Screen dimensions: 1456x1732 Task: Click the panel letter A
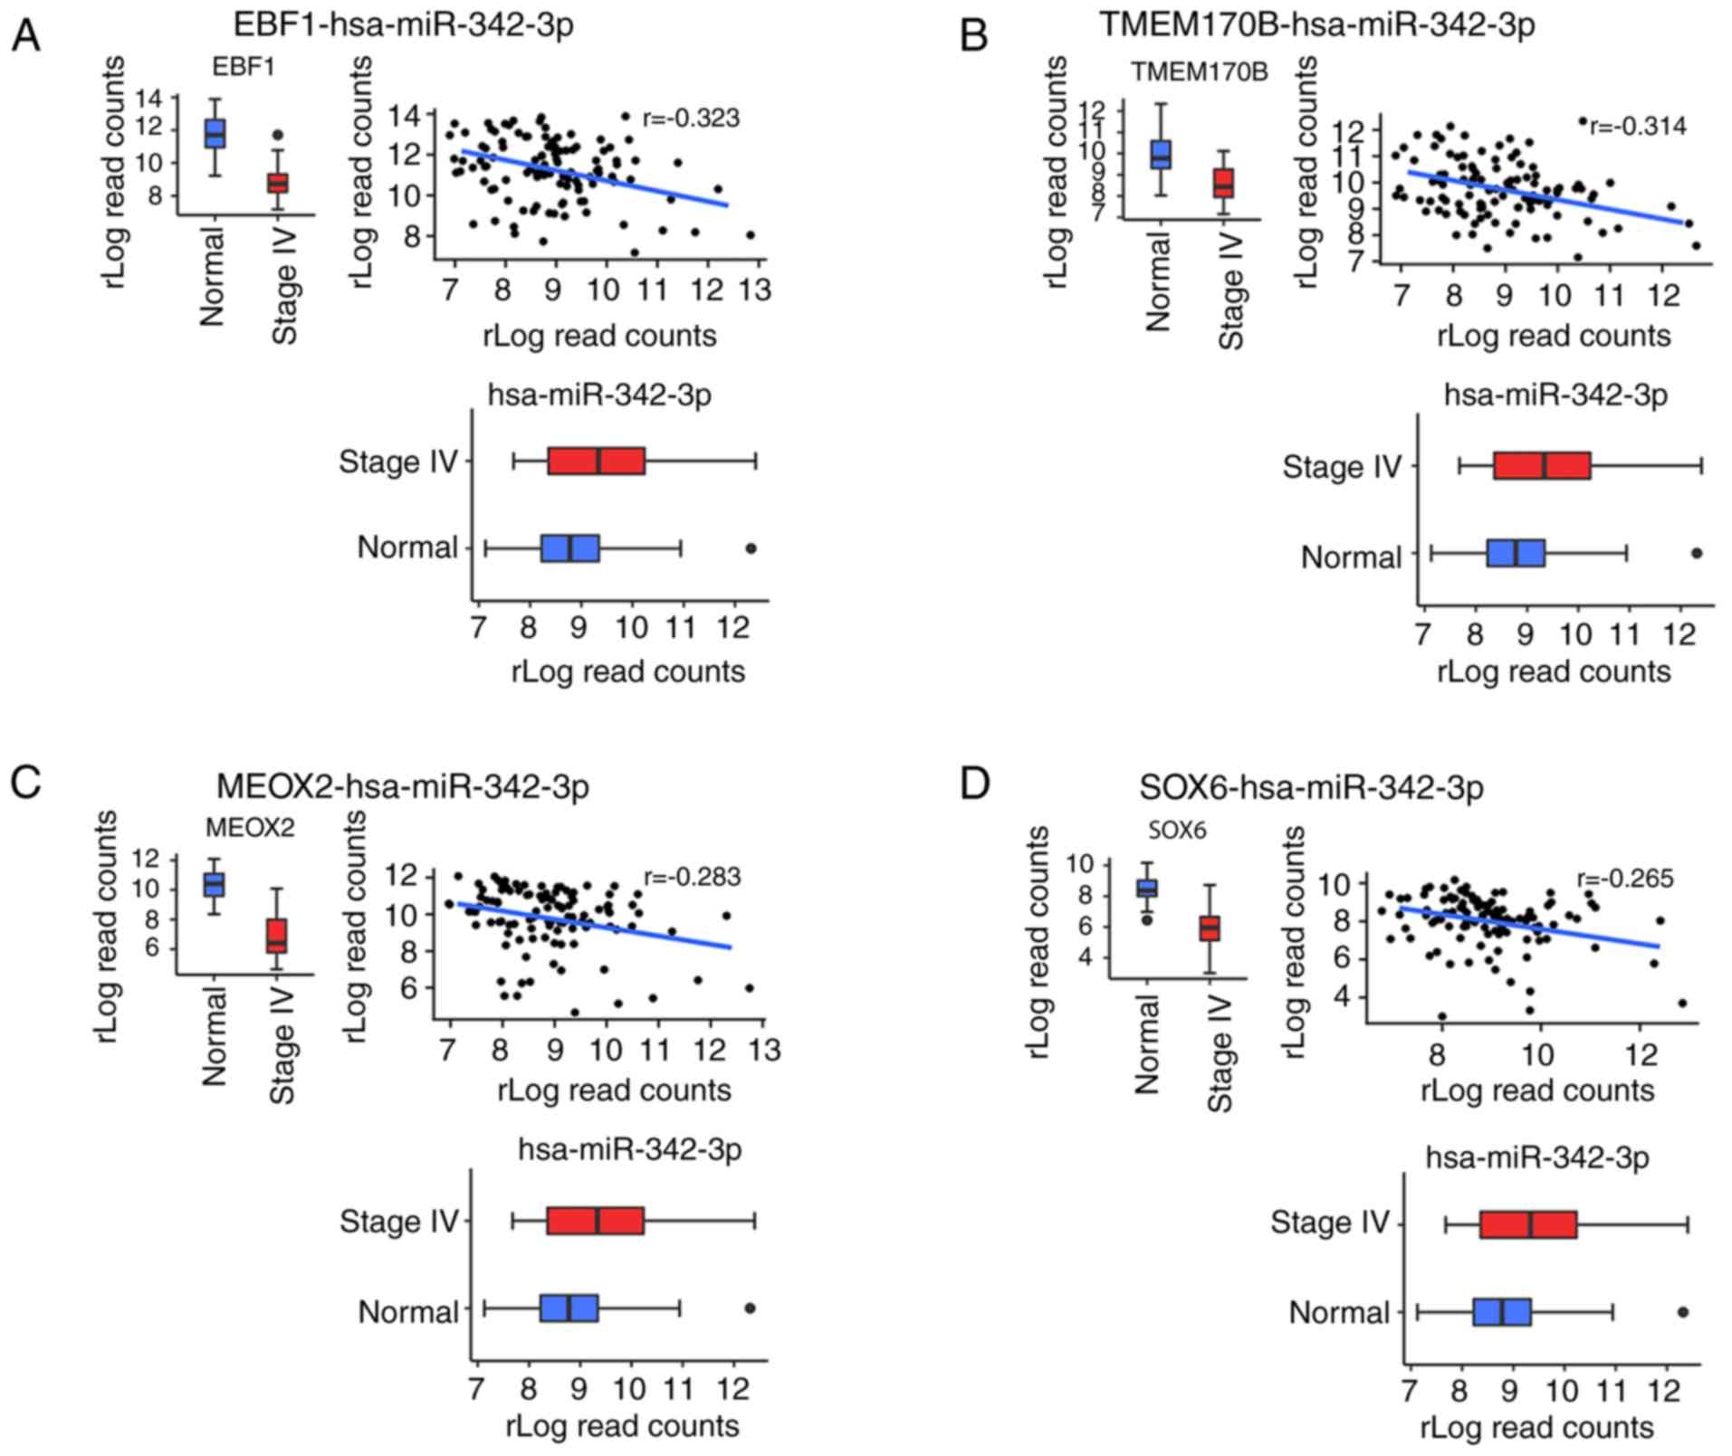pos(25,37)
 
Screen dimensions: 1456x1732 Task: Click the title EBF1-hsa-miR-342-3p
pos(403,24)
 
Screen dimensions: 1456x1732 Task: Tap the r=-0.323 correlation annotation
pos(691,119)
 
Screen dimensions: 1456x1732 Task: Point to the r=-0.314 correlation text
pos(1638,126)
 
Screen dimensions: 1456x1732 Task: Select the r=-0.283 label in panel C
pos(692,877)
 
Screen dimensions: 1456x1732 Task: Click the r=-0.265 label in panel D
pos(1625,878)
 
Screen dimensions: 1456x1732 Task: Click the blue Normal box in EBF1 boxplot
pos(215,133)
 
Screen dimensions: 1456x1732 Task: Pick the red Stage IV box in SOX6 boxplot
pos(1210,928)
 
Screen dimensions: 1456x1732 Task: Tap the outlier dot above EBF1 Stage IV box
pos(278,135)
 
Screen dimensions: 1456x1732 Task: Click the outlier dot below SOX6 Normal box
pos(1146,919)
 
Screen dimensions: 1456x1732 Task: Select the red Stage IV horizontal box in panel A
pos(596,461)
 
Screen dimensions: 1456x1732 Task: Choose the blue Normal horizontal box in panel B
pos(1516,553)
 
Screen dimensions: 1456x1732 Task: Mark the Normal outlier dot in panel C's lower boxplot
pos(750,1308)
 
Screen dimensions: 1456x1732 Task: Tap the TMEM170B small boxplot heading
pos(1199,72)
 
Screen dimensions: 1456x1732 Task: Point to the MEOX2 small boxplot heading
pos(250,827)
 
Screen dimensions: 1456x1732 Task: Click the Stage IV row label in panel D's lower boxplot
pos(1329,1223)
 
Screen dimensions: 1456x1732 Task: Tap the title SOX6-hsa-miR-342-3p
pos(1311,787)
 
